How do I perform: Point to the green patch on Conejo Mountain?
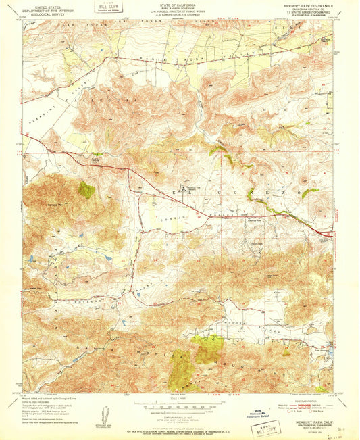pos(86,190)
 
